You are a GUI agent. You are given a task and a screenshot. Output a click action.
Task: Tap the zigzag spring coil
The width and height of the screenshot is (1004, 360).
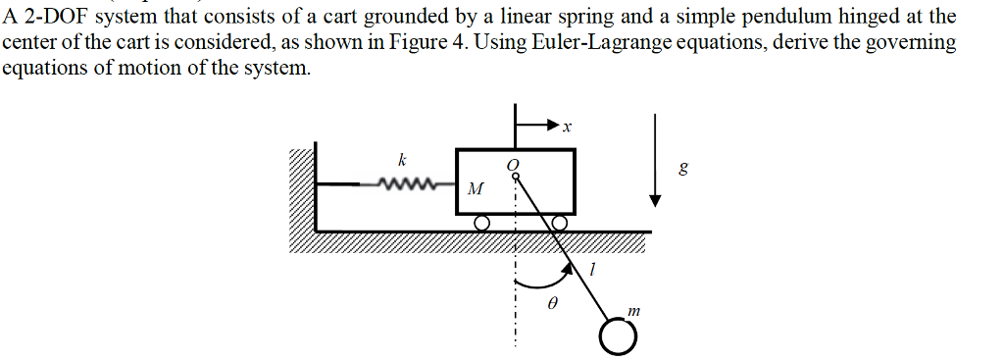coord(405,183)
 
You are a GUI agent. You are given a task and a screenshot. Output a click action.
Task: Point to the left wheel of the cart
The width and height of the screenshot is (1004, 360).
coord(481,224)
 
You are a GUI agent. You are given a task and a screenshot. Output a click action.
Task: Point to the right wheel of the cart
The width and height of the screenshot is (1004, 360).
coord(559,224)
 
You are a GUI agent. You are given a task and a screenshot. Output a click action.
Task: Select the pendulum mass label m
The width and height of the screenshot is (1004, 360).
coord(634,310)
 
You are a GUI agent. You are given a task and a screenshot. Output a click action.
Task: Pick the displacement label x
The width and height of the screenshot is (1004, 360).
coord(567,127)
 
